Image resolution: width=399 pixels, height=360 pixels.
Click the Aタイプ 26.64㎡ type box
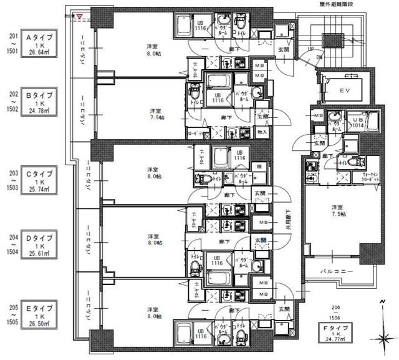tap(46, 44)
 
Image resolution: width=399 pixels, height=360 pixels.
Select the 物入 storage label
tap(261, 132)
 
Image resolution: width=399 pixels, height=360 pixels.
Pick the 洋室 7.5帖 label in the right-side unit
tap(337, 211)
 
